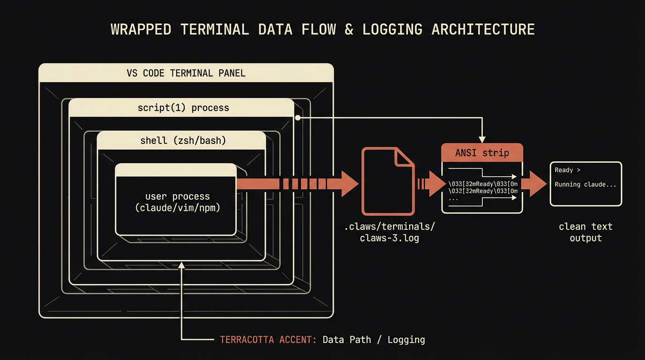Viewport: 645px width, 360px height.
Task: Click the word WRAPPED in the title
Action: [x=141, y=30]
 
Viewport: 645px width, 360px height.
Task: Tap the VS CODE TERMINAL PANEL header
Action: [x=186, y=73]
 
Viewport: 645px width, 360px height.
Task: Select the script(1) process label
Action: [x=183, y=108]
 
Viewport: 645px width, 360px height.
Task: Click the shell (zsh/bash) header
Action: [x=183, y=141]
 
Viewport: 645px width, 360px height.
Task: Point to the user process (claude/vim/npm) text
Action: [x=177, y=202]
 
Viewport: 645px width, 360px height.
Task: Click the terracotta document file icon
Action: [x=388, y=181]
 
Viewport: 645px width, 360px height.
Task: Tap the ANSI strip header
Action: [x=482, y=153]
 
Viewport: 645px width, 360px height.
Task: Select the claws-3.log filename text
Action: [x=389, y=238]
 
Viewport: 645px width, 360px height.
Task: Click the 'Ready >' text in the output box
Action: [x=567, y=170]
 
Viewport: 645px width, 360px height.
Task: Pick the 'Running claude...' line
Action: [x=585, y=184]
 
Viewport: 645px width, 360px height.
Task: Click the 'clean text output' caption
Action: [x=585, y=232]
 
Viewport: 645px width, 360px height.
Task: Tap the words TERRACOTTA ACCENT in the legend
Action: [x=268, y=339]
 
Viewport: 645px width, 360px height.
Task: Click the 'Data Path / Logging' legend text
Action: [x=374, y=339]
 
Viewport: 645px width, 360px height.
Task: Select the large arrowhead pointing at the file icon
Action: [x=349, y=184]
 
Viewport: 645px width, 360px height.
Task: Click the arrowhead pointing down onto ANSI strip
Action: [x=482, y=139]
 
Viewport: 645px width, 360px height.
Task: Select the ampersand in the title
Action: [x=349, y=30]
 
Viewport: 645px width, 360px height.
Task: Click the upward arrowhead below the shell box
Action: [x=181, y=266]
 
